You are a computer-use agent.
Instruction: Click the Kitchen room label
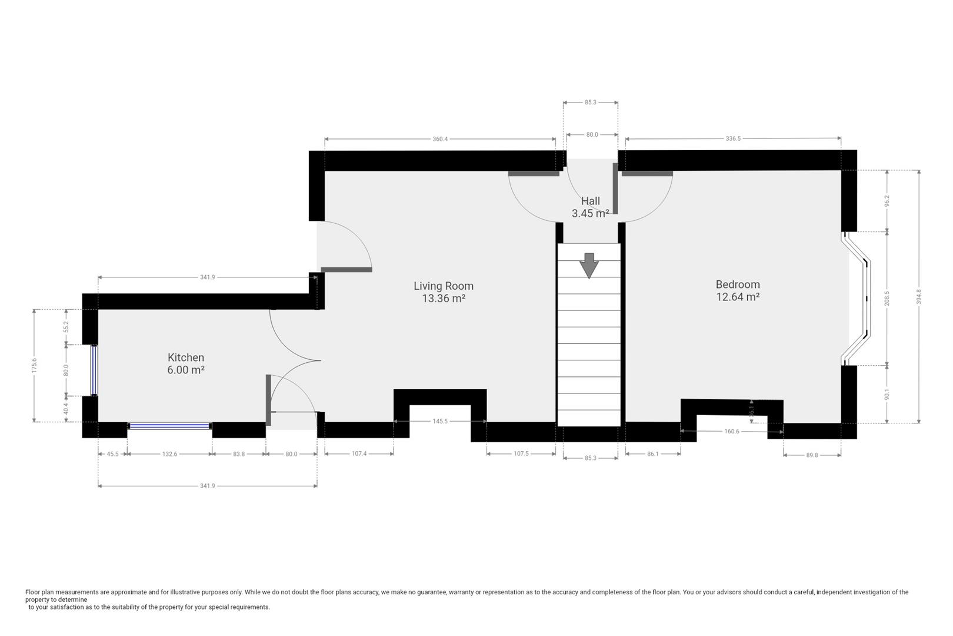(x=186, y=357)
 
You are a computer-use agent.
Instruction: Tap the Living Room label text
(x=444, y=286)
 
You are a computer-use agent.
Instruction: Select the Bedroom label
(x=738, y=284)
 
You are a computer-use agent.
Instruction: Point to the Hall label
(x=591, y=201)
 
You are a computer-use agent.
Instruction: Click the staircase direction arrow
(x=589, y=266)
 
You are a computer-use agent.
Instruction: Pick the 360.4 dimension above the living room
(x=441, y=139)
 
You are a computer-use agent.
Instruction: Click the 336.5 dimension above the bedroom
(x=733, y=138)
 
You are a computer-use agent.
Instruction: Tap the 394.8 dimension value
(x=919, y=296)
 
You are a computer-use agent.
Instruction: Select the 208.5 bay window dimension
(x=887, y=299)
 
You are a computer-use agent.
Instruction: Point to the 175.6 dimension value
(x=34, y=366)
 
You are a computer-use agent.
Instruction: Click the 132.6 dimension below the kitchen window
(x=169, y=454)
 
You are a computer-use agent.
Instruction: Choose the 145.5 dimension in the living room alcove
(x=441, y=421)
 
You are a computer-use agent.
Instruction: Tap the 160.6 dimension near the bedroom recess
(x=732, y=432)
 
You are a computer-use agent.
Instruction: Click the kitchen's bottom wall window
(x=170, y=426)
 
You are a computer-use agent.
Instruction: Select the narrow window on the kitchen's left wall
(x=94, y=370)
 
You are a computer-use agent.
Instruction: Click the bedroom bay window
(x=857, y=299)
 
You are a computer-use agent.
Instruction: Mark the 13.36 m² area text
(x=444, y=298)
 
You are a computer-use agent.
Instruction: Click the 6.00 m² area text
(x=186, y=370)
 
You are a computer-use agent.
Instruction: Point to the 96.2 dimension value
(x=887, y=201)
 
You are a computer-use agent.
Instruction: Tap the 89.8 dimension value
(x=812, y=455)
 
